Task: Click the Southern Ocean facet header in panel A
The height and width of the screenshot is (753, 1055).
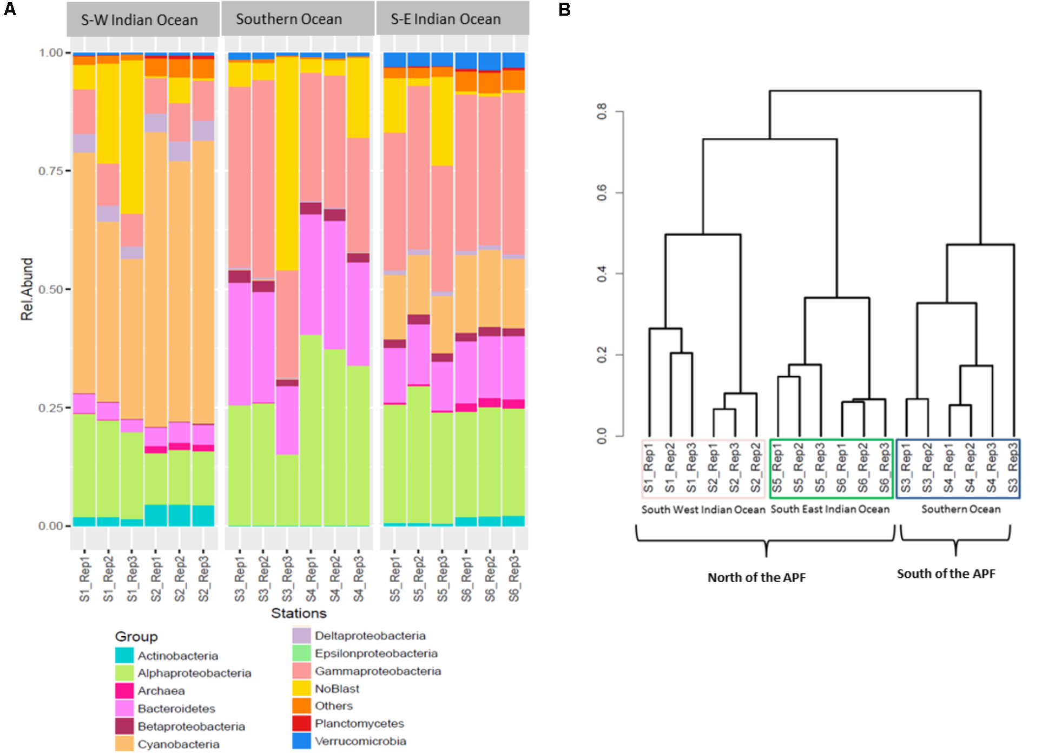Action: coord(289,19)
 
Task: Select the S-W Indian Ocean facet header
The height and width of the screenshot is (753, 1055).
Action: coord(139,20)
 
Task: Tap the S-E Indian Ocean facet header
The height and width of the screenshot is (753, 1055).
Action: coord(445,19)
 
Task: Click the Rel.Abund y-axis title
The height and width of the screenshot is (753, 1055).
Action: coord(27,289)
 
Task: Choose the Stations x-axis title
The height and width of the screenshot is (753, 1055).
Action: coord(299,613)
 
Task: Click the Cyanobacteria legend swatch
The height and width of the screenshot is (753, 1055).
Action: coord(124,744)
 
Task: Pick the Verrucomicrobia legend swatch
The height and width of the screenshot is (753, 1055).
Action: coord(301,741)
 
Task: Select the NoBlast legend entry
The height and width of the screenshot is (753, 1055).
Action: coord(337,689)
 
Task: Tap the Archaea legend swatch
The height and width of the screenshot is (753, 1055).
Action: coord(124,691)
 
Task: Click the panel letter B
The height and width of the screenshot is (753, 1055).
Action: coord(564,10)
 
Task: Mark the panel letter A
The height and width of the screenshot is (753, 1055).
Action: coord(10,9)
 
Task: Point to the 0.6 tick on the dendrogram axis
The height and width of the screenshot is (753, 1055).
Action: coord(602,193)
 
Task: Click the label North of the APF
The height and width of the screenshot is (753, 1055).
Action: coord(756,577)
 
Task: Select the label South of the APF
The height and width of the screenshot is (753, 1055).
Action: coord(946,574)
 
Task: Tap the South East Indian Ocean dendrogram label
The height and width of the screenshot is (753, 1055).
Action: coord(829,509)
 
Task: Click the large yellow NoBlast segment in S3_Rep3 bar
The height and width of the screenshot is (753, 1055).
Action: coord(287,162)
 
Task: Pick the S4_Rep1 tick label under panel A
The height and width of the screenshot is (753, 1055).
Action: coord(311,578)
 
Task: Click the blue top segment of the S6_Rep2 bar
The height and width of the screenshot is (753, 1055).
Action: coord(490,61)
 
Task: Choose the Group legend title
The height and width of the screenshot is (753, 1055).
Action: coord(136,636)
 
